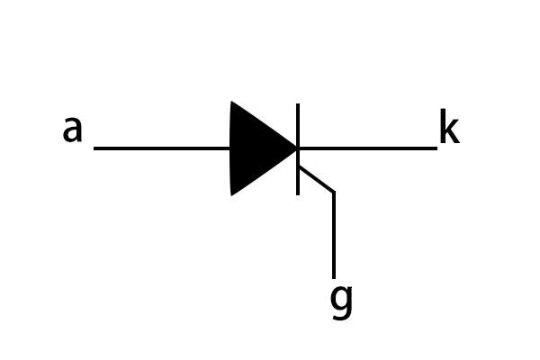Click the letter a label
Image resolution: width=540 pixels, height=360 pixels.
pos(73,130)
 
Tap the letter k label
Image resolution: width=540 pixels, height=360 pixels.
pos(449,126)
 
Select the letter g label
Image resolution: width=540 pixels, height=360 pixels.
pos(341,302)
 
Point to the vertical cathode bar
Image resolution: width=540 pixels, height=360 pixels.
pos(298,149)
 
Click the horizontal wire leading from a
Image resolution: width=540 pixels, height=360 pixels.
pos(162,148)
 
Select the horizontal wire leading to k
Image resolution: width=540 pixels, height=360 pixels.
pos(368,148)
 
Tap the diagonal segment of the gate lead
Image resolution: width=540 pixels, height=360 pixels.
pos(317,179)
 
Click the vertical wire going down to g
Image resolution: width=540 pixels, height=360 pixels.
pos(334,235)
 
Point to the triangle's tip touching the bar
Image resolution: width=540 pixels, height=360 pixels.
pos(297,148)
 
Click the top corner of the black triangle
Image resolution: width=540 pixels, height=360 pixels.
pos(231,102)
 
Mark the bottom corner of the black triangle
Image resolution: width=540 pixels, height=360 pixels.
pos(231,195)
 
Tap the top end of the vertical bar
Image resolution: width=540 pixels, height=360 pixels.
pos(298,103)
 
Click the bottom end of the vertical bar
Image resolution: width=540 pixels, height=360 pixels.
pos(298,195)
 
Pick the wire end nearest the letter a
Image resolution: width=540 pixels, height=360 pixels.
pos(94,148)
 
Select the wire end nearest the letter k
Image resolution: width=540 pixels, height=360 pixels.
pos(437,148)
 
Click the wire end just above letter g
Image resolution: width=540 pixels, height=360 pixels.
pos(334,278)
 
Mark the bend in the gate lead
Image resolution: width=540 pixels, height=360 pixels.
pos(334,192)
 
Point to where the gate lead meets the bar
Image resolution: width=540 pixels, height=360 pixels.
pos(300,166)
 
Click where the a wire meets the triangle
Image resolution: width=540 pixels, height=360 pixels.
pos(230,148)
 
